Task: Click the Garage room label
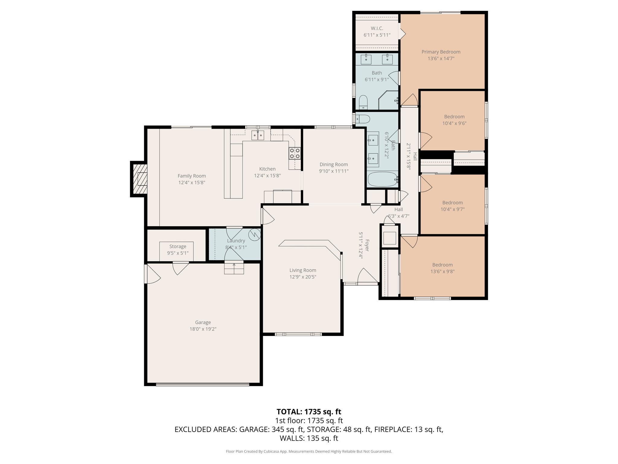click(203, 322)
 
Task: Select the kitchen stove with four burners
click(295, 153)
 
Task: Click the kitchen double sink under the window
click(258, 136)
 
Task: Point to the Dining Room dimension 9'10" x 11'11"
click(333, 171)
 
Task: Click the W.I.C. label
click(377, 28)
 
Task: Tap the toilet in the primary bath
click(363, 102)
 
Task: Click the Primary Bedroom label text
click(441, 52)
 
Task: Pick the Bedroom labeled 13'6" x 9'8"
click(442, 268)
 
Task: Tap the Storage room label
click(177, 246)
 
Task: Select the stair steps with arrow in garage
click(234, 268)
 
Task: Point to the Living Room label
click(303, 270)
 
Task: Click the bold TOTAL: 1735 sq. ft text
click(309, 411)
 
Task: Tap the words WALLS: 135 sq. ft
click(309, 438)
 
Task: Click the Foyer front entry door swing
click(367, 276)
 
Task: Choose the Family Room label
click(192, 176)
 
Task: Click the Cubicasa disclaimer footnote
click(309, 452)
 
